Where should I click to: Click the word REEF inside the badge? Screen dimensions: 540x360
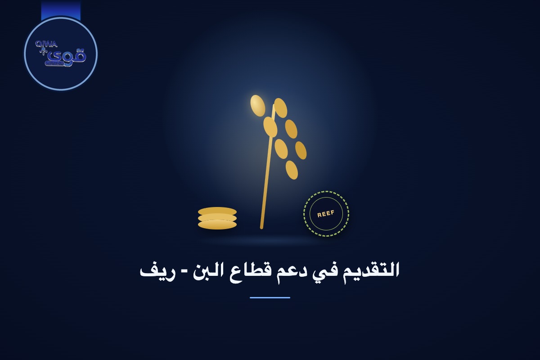(326, 214)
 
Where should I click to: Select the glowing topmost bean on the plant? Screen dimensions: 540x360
(258, 106)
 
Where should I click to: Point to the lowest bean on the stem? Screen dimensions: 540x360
(292, 170)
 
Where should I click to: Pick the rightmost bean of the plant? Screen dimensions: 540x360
(301, 150)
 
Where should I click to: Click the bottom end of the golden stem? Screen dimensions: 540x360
(261, 227)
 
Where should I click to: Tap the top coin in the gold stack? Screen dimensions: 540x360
(217, 211)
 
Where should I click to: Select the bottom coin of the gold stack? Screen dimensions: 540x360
(217, 225)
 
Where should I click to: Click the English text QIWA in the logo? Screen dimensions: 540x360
(46, 44)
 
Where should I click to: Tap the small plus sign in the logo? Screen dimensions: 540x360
(42, 51)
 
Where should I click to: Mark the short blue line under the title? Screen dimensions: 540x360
(270, 297)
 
